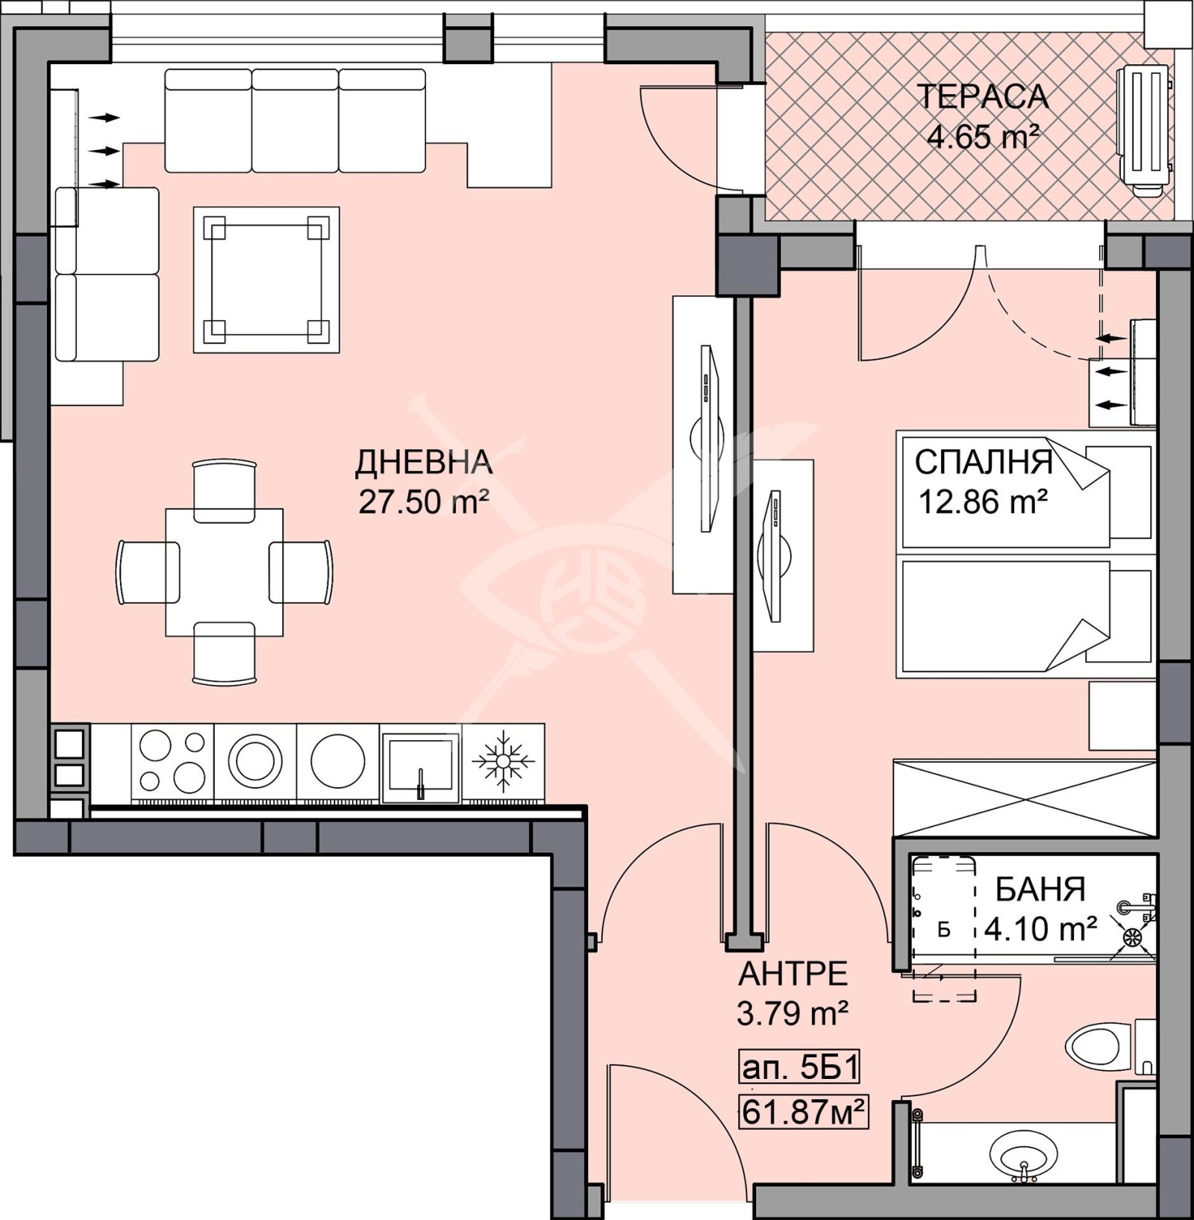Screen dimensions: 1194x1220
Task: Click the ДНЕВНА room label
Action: coord(423,463)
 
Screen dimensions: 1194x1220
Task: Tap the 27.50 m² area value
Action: coord(423,501)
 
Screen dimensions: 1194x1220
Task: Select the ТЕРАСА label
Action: coord(982,97)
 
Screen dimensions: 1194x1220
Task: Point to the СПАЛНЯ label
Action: coord(984,463)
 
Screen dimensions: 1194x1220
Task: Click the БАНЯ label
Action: coord(1040,889)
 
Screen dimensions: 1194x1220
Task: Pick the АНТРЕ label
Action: coord(793,975)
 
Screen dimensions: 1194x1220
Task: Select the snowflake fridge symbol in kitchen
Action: coord(503,762)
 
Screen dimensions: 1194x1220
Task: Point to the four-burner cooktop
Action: coord(172,762)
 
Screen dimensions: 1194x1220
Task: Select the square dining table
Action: coord(224,572)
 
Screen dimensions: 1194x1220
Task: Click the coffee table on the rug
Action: coord(266,279)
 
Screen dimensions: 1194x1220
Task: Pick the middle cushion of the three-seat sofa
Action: coord(295,120)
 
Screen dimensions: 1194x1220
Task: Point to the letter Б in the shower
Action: coord(944,930)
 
